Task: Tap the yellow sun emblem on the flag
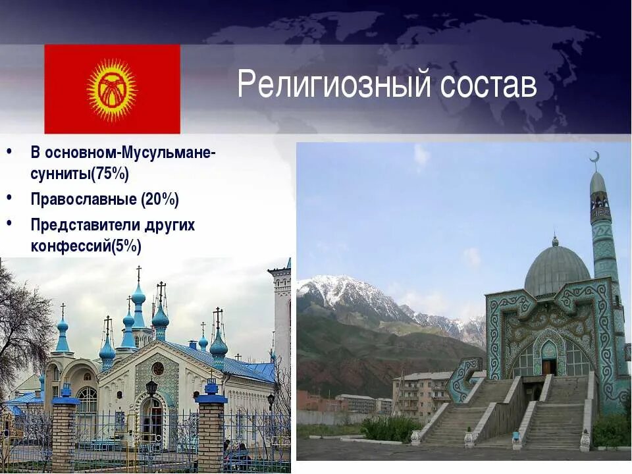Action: pyautogui.click(x=112, y=89)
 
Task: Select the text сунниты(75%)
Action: pyautogui.click(x=80, y=174)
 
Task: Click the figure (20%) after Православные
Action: pyautogui.click(x=159, y=199)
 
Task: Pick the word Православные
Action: pyautogui.click(x=83, y=199)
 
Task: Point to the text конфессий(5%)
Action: pyautogui.click(x=86, y=246)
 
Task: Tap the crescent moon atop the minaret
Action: pyautogui.click(x=595, y=157)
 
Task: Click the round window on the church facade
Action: pyautogui.click(x=157, y=368)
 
